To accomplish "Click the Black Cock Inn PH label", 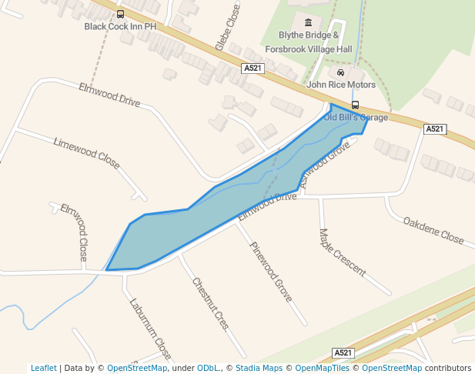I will coord(120,26).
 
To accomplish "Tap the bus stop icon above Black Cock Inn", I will coord(120,14).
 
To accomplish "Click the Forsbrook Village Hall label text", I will coord(309,49).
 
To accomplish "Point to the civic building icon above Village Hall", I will coord(309,22).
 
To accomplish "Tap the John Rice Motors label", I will coord(341,85).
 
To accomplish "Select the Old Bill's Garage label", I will coord(356,118).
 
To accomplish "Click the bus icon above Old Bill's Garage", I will coord(355,105).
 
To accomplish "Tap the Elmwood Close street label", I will coord(74,231).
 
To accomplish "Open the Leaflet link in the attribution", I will coord(44,368).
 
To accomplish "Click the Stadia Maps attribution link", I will coord(259,368).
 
